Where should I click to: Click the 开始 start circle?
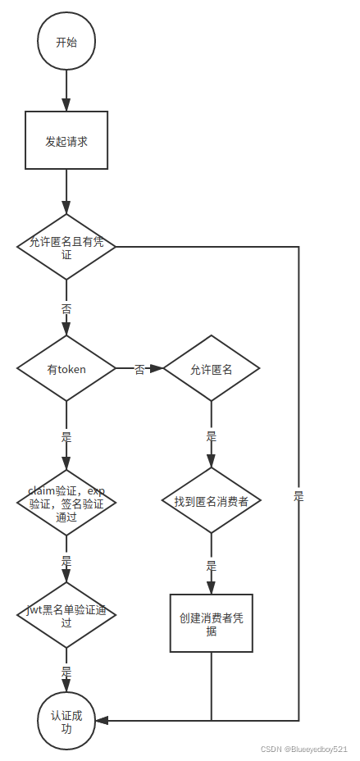tap(66, 43)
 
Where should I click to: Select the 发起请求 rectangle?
tap(66, 141)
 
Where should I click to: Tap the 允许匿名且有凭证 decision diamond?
tap(66, 246)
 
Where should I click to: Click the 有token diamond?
tap(66, 369)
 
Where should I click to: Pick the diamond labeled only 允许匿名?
tap(211, 369)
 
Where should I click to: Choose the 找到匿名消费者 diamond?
tap(211, 501)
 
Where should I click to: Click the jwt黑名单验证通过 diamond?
tap(66, 615)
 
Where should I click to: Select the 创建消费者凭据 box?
tap(211, 623)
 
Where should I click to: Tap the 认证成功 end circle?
tap(66, 720)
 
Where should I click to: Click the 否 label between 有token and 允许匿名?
tap(139, 370)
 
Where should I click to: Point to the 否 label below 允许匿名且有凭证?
tap(66, 309)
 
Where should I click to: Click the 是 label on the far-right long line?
tap(298, 496)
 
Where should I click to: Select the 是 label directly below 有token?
tap(66, 437)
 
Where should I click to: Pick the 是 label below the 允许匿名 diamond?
tap(211, 437)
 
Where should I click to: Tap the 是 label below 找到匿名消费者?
tap(211, 566)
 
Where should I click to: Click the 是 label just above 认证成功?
tap(66, 671)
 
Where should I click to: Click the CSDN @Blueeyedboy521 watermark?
tap(303, 750)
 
